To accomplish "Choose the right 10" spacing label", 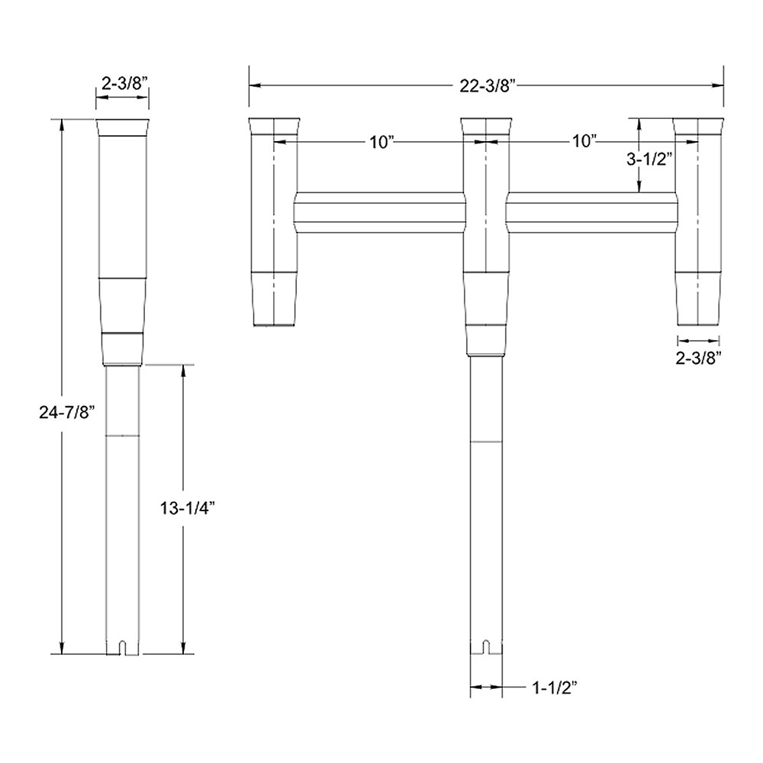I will point(584,142).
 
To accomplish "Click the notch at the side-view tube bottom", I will point(122,648).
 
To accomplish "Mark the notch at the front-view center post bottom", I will point(486,648).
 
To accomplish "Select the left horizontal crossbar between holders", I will point(379,214).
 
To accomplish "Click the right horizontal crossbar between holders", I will point(591,214).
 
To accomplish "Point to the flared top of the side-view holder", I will point(122,127).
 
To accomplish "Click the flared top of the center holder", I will point(486,127).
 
